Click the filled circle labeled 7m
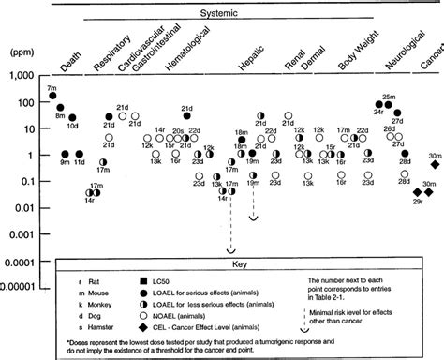[53, 95]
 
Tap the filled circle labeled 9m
[66, 154]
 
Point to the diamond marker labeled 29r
[417, 191]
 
